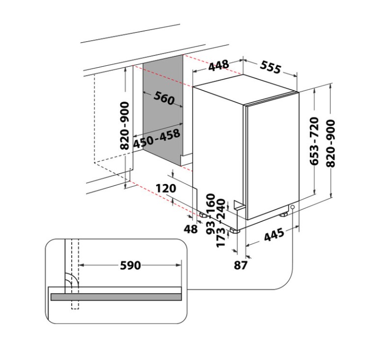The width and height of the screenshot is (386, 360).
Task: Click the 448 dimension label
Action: point(219,65)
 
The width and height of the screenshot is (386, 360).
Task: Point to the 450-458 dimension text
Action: point(156,138)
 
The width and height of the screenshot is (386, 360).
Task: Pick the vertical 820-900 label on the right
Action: point(330,143)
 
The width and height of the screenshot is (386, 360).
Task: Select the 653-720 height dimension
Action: point(315,141)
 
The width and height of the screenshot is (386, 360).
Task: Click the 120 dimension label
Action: point(166,188)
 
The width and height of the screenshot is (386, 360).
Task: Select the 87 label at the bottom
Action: point(241,265)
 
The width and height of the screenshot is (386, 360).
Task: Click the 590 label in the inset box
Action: point(131,265)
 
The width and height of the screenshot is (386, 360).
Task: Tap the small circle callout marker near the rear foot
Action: point(293,207)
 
